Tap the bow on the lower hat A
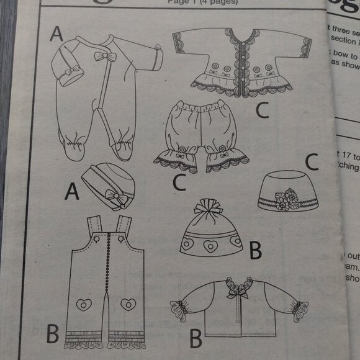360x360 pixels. (114, 197)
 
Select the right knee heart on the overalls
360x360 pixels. (128, 304)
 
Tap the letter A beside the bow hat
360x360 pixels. (73, 194)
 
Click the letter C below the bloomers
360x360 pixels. (179, 184)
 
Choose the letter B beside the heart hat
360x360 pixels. (254, 251)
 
